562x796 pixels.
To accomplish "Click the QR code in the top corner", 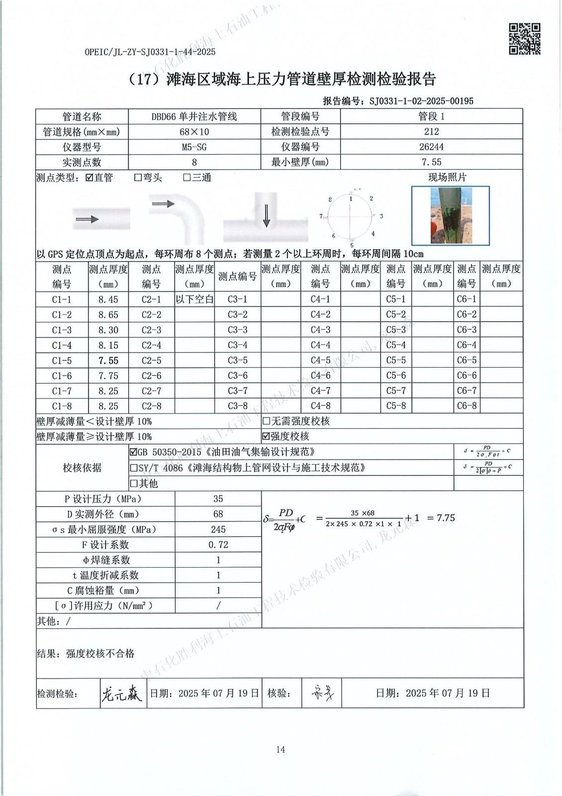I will [x=524, y=39].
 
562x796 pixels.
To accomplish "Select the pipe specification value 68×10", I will [x=194, y=132].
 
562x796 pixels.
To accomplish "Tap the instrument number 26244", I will [x=431, y=147].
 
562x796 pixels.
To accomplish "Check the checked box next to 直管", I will [x=90, y=178].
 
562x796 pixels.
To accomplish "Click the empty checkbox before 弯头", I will [x=138, y=178].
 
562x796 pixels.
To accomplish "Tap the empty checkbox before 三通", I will [x=187, y=178].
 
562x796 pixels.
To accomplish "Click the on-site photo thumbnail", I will [x=450, y=215].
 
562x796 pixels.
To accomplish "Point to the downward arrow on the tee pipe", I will [x=267, y=215].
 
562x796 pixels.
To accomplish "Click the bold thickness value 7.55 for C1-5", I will [x=108, y=361].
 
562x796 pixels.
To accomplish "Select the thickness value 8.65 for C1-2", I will [x=108, y=315].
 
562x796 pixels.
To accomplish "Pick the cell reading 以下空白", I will [x=194, y=299].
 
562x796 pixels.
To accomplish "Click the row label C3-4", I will [x=237, y=345].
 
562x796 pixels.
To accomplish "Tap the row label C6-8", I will [x=467, y=406].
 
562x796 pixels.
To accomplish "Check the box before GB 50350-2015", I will [x=133, y=453].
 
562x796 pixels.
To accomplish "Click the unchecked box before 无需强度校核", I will [x=266, y=422].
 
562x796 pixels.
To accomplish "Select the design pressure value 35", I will [x=218, y=499].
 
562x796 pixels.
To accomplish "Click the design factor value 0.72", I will [x=218, y=545].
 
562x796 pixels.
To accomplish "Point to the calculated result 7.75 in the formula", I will [x=446, y=518].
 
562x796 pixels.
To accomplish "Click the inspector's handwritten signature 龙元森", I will [x=121, y=693].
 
